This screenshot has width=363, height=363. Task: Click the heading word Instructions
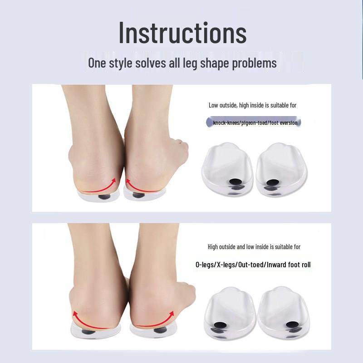pyautogui.click(x=182, y=33)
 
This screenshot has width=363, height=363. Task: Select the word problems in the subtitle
pyautogui.click(x=254, y=63)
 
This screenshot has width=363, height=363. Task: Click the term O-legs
pyautogui.click(x=206, y=265)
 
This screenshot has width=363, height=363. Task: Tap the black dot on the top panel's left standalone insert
pyautogui.click(x=235, y=183)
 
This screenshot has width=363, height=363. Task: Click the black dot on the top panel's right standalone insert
pyautogui.click(x=272, y=183)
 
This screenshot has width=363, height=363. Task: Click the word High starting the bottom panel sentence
pyautogui.click(x=213, y=247)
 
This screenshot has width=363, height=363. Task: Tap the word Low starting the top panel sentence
pyautogui.click(x=213, y=105)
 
